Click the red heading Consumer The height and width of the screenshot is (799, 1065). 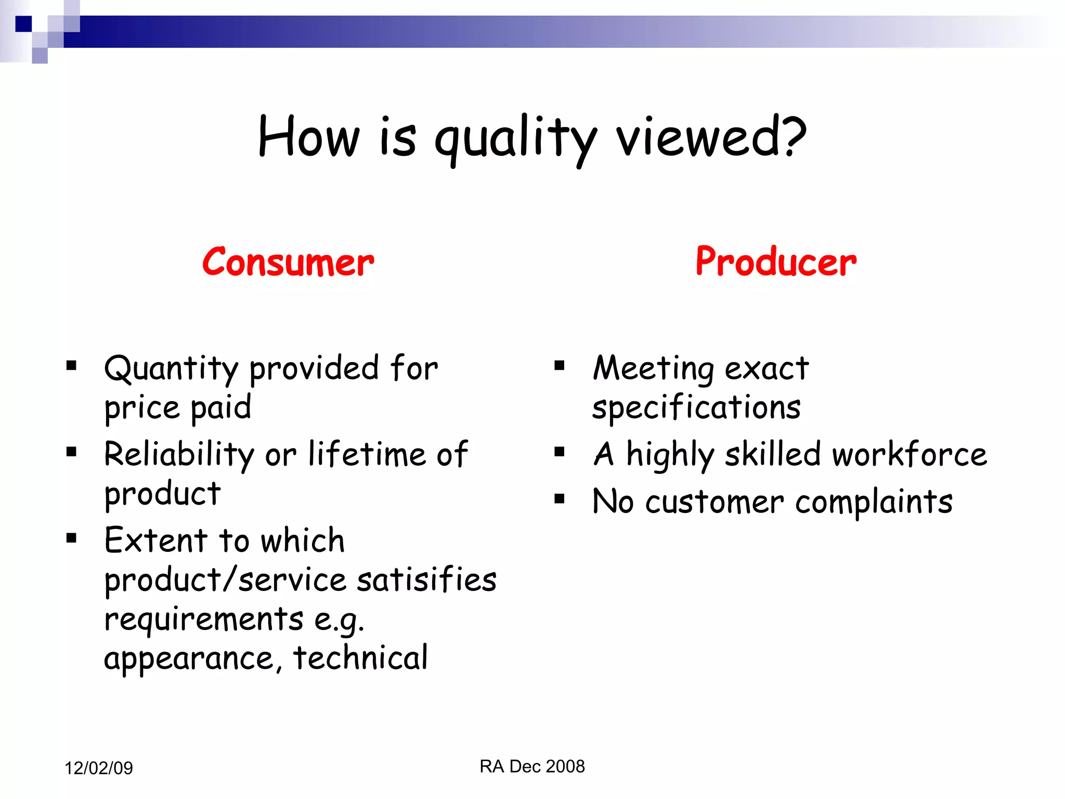(288, 262)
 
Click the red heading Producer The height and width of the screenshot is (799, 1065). (775, 262)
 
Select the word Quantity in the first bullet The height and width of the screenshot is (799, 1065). (171, 368)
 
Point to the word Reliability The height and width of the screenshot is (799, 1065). (179, 454)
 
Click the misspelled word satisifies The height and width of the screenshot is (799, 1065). (426, 579)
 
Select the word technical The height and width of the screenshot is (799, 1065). (360, 658)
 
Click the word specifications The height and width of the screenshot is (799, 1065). (696, 407)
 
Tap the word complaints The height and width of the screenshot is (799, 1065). (874, 502)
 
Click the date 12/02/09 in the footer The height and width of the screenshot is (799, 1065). (98, 768)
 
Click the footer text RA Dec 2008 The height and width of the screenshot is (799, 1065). (532, 766)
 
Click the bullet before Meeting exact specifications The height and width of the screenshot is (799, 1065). (560, 366)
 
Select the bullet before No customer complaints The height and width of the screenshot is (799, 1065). (560, 499)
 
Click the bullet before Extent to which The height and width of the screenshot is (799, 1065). (72, 538)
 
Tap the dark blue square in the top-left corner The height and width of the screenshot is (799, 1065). (23, 24)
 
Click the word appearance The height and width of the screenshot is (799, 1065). (188, 659)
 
